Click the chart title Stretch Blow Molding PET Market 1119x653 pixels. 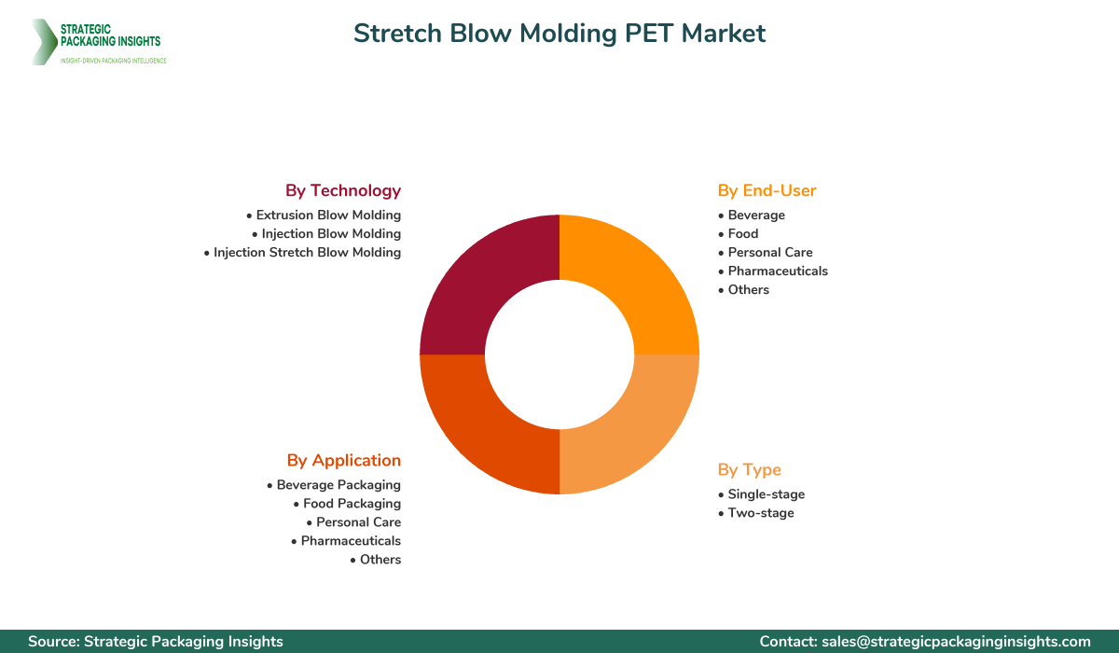559,34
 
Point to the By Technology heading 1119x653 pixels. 343,190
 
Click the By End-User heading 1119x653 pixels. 767,190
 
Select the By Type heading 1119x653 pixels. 749,469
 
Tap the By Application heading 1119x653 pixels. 343,460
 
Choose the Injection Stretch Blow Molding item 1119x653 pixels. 307,252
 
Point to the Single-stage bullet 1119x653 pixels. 766,493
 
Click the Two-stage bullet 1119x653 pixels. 761,512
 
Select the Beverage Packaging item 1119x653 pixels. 338,484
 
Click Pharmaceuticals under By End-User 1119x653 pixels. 778,271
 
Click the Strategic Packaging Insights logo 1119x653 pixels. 98,42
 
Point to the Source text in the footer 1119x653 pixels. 156,641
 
